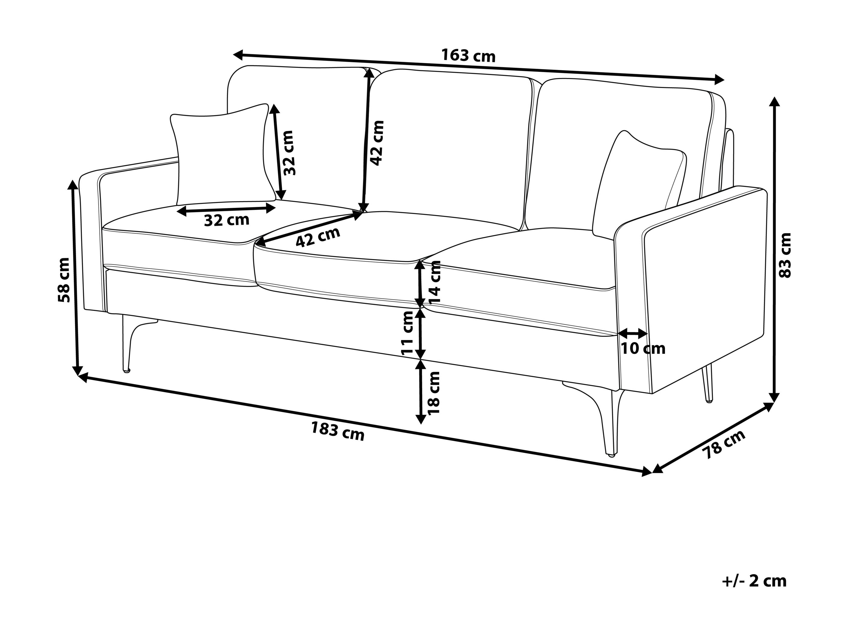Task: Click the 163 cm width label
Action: (x=468, y=55)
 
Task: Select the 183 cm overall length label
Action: (x=337, y=431)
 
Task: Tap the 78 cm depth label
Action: (x=723, y=444)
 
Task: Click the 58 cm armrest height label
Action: (x=64, y=280)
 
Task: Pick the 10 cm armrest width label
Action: (x=643, y=349)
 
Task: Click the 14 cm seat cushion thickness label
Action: (x=435, y=282)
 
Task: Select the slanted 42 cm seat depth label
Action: (x=318, y=237)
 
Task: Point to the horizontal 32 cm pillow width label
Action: (x=226, y=220)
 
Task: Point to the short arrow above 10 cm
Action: (x=633, y=332)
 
